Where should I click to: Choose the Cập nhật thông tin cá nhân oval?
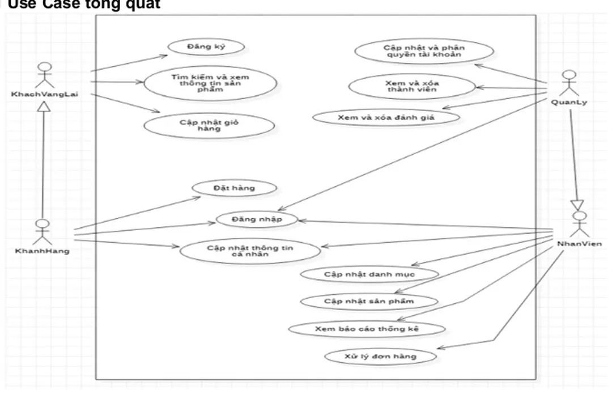coord(250,250)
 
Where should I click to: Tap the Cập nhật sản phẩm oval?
coord(369,301)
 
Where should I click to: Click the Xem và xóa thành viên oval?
coord(411,87)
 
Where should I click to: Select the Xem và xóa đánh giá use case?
coord(385,117)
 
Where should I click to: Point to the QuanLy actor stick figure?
coord(568,83)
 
